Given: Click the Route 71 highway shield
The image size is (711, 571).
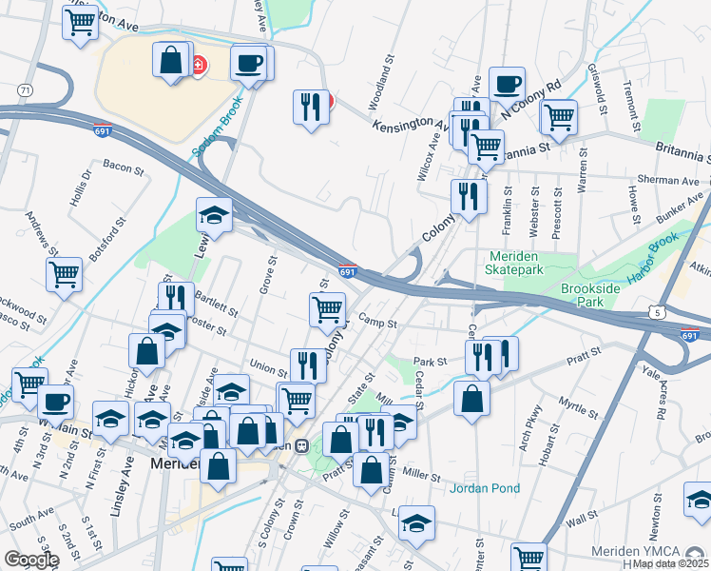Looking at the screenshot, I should [x=23, y=89].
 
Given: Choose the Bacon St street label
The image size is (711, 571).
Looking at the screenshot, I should [x=122, y=167].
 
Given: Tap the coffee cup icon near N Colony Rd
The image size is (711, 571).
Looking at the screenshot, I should [x=507, y=83].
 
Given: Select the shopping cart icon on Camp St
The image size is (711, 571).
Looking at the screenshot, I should [x=327, y=308].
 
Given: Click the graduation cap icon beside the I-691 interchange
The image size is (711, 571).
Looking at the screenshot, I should [x=215, y=215].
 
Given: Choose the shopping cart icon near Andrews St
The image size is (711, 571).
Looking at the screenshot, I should [x=64, y=274].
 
